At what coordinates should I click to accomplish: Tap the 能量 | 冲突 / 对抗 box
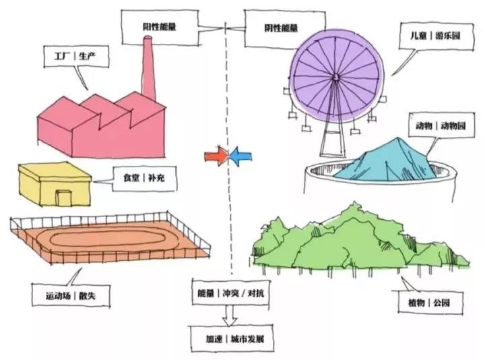click(230, 295)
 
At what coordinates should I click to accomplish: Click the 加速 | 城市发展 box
click(230, 339)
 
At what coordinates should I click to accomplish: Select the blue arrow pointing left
click(240, 157)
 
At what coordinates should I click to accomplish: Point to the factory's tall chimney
click(148, 67)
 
